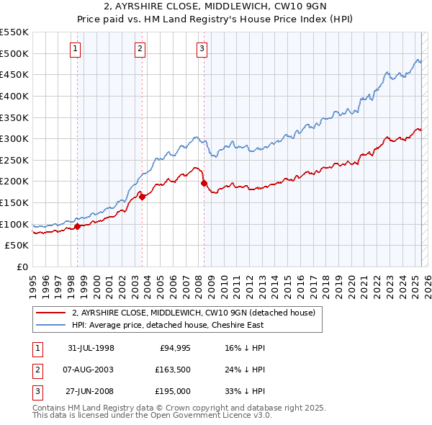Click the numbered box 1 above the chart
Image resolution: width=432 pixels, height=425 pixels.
click(x=76, y=49)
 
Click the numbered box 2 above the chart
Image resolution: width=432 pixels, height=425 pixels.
click(x=140, y=49)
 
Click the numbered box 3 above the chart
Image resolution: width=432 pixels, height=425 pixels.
click(x=202, y=49)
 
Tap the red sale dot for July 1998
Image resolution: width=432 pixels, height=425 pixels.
click(x=78, y=226)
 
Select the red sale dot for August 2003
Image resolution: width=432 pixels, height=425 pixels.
click(x=142, y=196)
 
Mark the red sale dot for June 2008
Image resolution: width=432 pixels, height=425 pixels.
click(x=204, y=183)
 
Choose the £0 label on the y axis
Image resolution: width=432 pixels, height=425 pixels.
click(x=21, y=267)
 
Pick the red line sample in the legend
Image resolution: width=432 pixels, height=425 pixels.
click(x=50, y=313)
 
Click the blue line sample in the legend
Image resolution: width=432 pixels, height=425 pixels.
click(x=50, y=326)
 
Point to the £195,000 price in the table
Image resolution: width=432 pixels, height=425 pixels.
click(x=171, y=392)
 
